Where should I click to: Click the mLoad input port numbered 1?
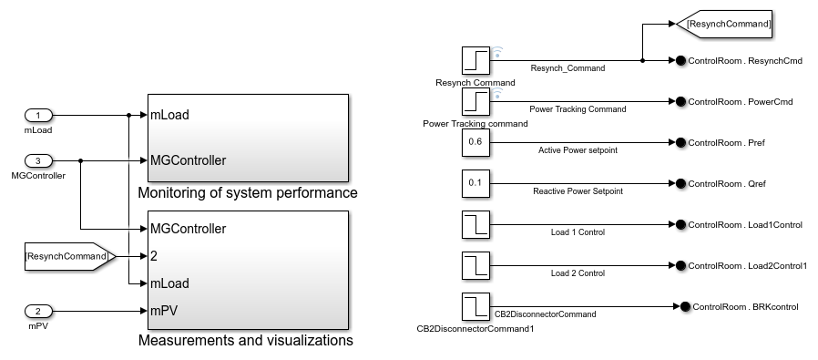point(38,116)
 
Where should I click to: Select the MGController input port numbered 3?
point(38,161)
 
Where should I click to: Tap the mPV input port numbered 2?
point(38,310)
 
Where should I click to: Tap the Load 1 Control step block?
point(476,224)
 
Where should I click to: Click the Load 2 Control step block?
point(476,265)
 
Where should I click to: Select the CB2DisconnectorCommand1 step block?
point(476,306)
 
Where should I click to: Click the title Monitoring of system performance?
point(247,193)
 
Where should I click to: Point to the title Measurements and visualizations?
point(245,341)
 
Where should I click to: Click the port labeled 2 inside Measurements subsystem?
point(155,257)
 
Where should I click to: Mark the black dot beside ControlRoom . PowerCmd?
point(680,102)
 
